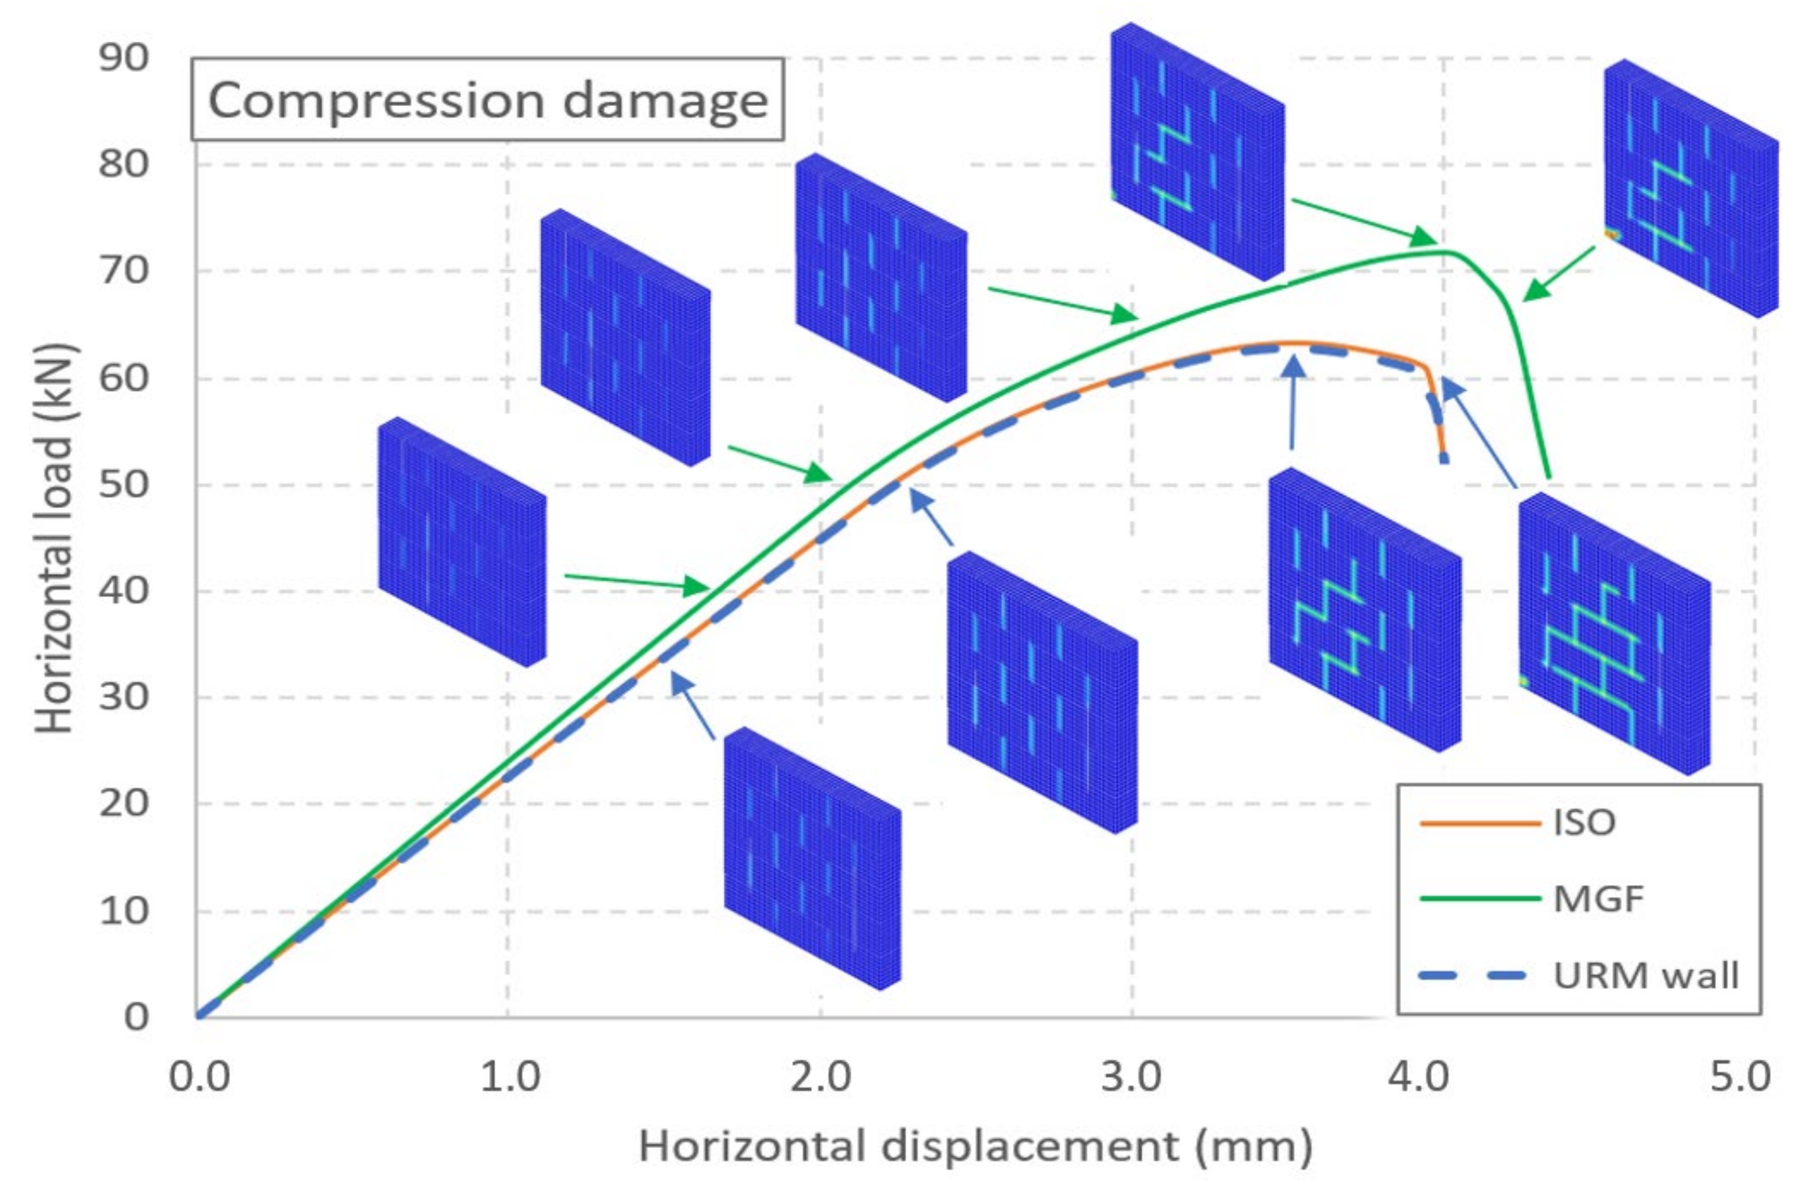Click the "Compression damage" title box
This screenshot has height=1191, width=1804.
click(487, 99)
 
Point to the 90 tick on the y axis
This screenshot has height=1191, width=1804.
click(123, 57)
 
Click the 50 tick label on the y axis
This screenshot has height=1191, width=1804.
click(123, 484)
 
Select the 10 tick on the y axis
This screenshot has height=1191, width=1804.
click(123, 911)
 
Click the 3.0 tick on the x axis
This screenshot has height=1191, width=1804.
click(1131, 1077)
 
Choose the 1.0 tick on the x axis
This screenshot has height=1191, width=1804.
click(508, 1077)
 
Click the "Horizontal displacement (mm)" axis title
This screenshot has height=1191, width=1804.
click(975, 1146)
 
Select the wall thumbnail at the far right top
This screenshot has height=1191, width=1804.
click(1691, 188)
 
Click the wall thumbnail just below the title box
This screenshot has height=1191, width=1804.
click(625, 336)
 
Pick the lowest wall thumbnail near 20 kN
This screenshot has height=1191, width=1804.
click(811, 858)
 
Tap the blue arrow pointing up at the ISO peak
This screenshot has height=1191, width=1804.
click(1292, 403)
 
